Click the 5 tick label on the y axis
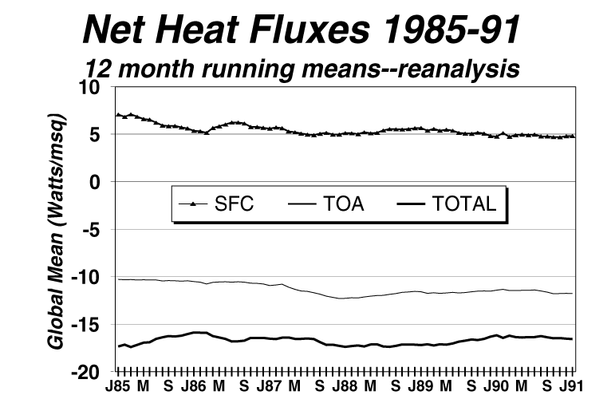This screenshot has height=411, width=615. (x=103, y=135)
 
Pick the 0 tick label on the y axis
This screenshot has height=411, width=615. (x=103, y=182)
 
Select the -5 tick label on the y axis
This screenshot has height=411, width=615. (x=100, y=230)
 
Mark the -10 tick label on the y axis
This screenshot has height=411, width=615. (x=95, y=277)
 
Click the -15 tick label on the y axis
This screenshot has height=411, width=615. (x=95, y=325)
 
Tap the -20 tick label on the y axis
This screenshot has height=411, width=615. (x=95, y=372)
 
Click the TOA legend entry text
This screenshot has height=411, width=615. (x=345, y=204)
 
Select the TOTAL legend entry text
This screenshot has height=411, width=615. (x=463, y=204)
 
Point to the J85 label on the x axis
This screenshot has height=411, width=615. (x=118, y=387)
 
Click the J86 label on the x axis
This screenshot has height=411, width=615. (x=194, y=387)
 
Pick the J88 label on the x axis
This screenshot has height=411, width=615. (x=345, y=387)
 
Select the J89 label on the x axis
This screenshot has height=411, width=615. (x=420, y=387)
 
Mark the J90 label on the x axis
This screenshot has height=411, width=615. (x=496, y=387)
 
